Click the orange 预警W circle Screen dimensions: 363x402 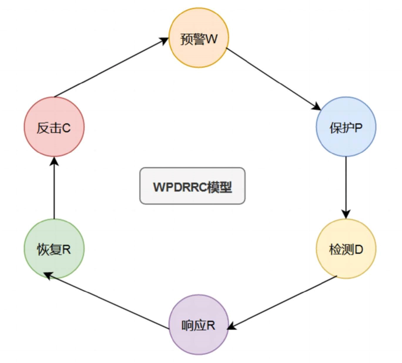tap(199, 39)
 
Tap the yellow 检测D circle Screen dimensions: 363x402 tap(346, 249)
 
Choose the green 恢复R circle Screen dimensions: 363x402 tap(53, 249)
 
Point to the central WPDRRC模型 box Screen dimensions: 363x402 tap(192, 185)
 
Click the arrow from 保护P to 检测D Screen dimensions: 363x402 tap(346, 186)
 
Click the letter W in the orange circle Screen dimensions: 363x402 tap(212, 39)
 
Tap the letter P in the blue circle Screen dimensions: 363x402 tap(358, 128)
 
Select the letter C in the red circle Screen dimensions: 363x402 tap(66, 128)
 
